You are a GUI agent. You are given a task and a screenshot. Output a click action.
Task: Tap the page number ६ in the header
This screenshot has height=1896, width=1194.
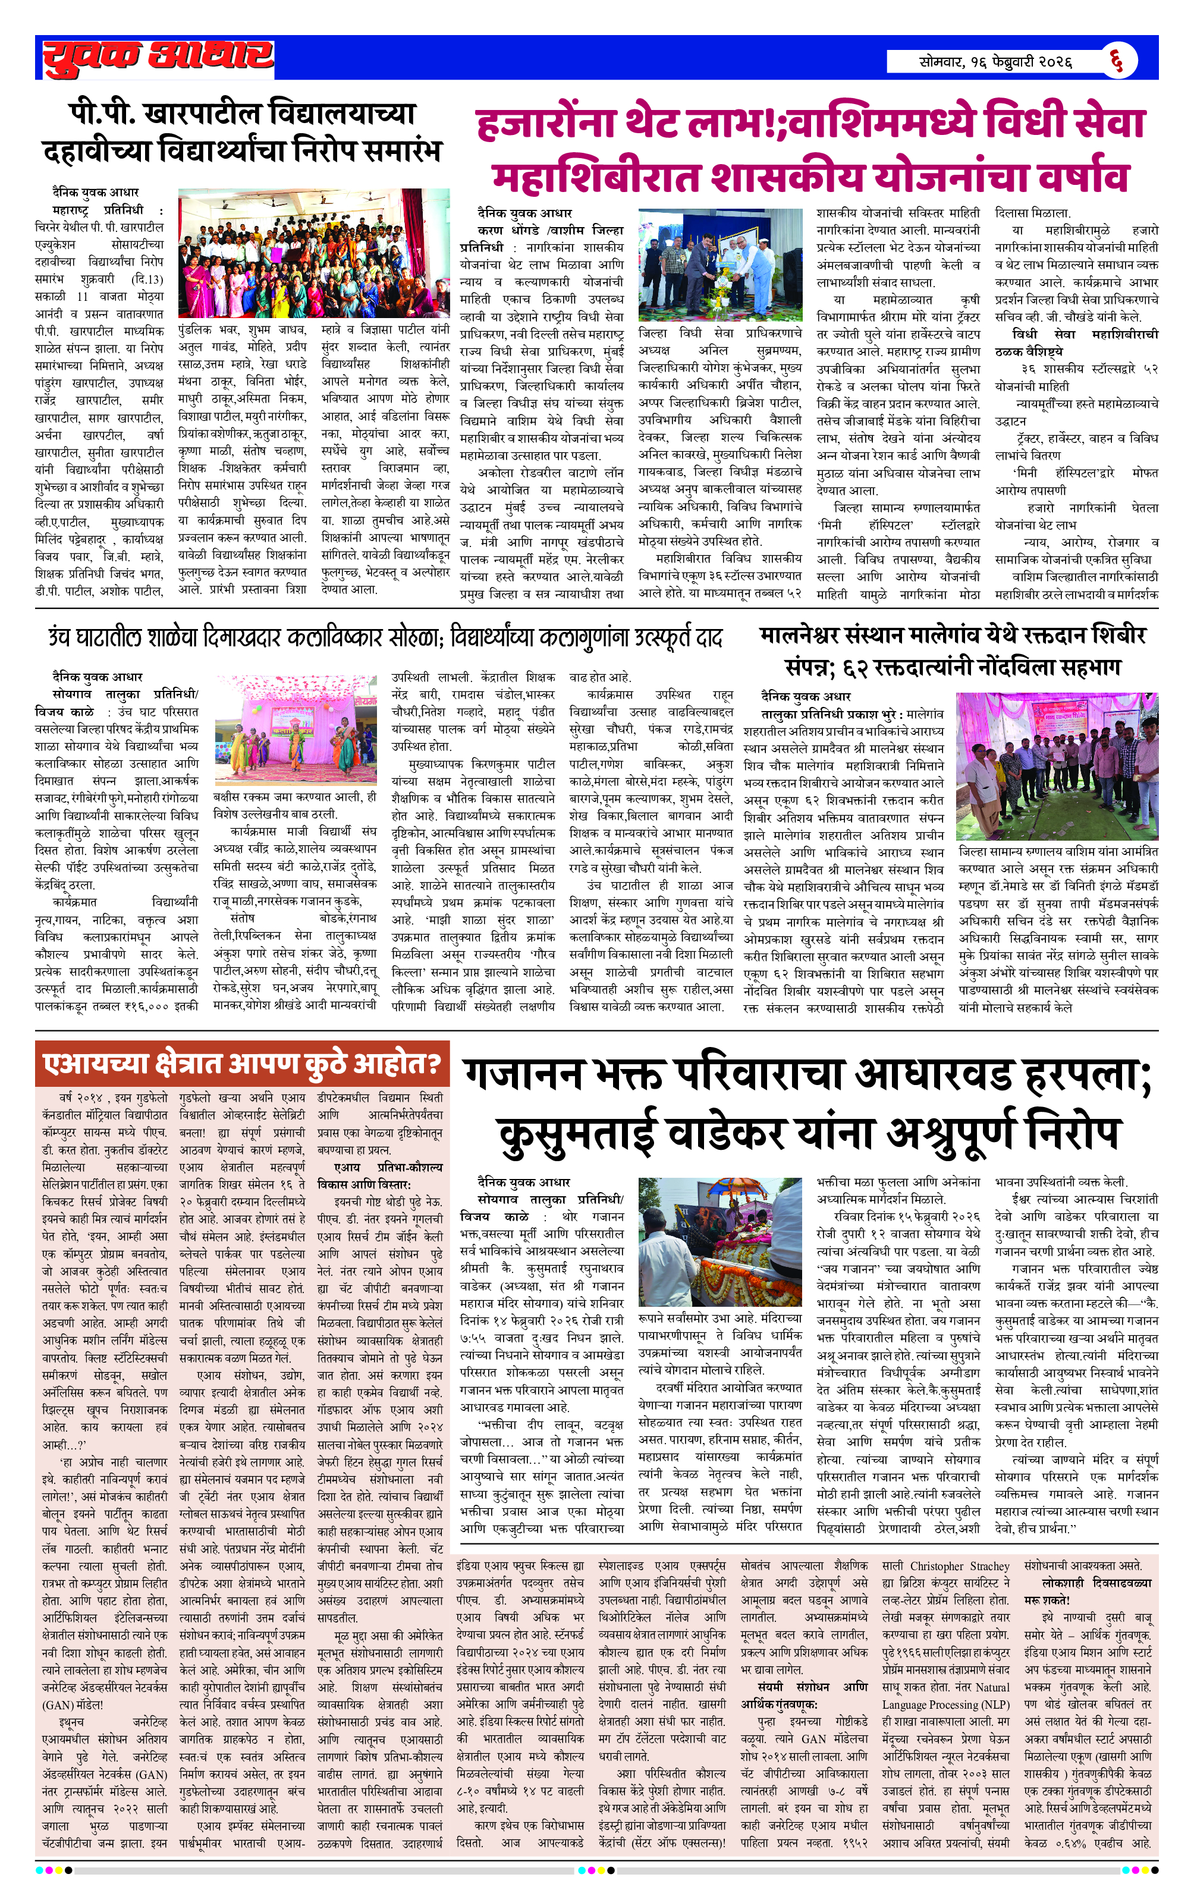point(1118,61)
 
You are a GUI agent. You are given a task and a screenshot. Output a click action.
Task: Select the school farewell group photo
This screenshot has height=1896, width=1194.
point(313,253)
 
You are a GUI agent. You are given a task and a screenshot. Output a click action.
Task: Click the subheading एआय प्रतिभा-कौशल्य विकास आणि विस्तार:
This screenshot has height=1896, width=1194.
point(379,1175)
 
